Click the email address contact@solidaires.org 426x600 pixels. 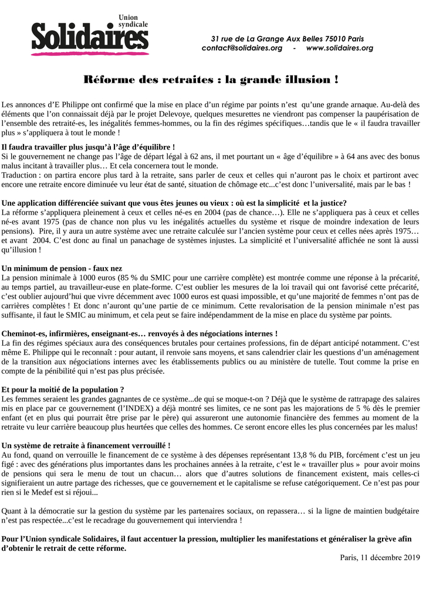pos(242,47)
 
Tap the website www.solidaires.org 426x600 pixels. pos(339,47)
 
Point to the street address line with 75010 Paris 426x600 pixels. pos(287,38)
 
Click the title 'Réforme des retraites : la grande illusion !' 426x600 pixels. pos(211,79)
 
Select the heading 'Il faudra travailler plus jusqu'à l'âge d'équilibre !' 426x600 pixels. pos(89,147)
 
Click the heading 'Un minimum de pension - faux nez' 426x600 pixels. pos(62,267)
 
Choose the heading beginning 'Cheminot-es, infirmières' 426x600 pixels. pos(140,333)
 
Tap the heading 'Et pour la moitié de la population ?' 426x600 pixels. pos(63,390)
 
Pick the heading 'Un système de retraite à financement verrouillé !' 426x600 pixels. pos(87,446)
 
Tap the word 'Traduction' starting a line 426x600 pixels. pos(20,175)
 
